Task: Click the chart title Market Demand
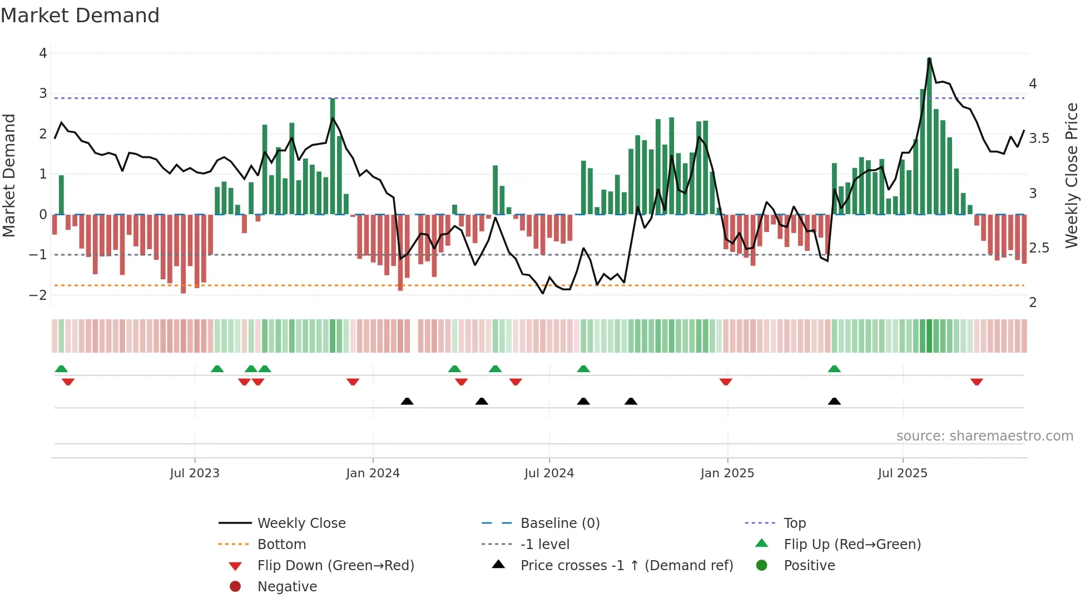click(x=80, y=16)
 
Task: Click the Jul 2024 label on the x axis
click(x=549, y=473)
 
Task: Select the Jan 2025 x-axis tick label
click(x=727, y=473)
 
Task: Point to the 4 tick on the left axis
click(x=43, y=53)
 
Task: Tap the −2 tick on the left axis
click(x=38, y=295)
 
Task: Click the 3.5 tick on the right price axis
click(x=1039, y=139)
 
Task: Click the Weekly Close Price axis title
click(x=1071, y=175)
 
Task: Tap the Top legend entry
click(x=795, y=523)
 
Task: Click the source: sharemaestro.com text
click(x=984, y=436)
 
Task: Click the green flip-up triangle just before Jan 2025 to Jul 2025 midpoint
click(x=834, y=369)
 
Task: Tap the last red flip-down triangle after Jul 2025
click(x=977, y=382)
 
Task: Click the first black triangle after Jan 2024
click(x=407, y=402)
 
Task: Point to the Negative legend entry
click(x=287, y=587)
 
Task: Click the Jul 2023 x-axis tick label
click(x=195, y=473)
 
